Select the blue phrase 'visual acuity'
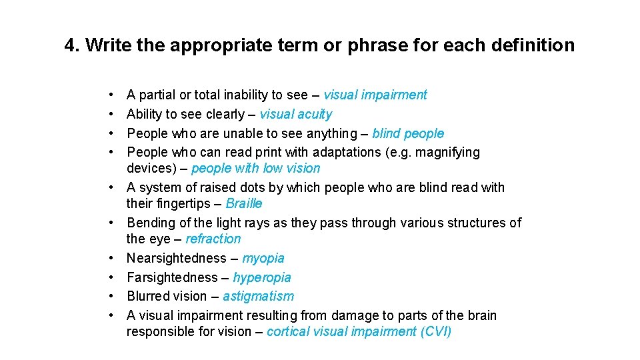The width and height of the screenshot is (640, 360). pos(295,114)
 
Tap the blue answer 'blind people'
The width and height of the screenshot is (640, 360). pos(407,133)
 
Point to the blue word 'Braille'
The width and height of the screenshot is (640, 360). pos(244,203)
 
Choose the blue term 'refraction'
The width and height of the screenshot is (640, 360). pos(213,239)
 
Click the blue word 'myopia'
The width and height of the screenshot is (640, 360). pos(263,258)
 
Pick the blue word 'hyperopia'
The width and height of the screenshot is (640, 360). pos(262,277)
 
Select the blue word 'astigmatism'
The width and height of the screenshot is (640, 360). pos(258,296)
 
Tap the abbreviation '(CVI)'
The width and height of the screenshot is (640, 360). pos(436,331)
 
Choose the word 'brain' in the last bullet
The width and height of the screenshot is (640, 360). pos(480,315)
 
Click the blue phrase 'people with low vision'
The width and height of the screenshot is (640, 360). pos(255,168)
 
